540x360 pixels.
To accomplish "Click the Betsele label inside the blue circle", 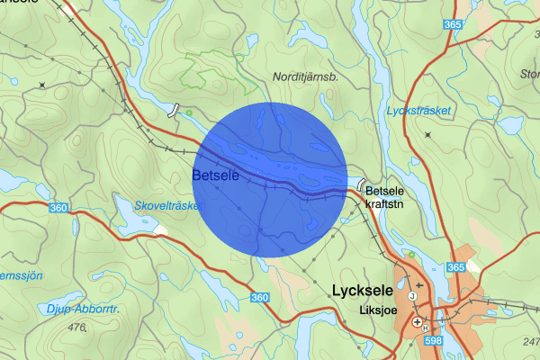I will pyautogui.click(x=215, y=175).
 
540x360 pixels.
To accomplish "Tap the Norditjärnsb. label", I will pyautogui.click(x=304, y=77).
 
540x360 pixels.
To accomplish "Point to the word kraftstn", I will pyautogui.click(x=387, y=204).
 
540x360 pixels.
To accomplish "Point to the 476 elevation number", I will pyautogui.click(x=76, y=328).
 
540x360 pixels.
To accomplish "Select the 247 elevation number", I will pyautogui.click(x=531, y=341).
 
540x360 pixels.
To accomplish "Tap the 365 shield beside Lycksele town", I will pyautogui.click(x=455, y=268).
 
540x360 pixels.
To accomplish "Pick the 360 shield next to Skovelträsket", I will pyautogui.click(x=59, y=208).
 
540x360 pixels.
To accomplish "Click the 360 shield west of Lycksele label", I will pyautogui.click(x=260, y=297).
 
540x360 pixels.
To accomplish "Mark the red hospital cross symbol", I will pyautogui.click(x=417, y=321).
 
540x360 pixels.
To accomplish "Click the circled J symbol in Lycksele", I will pyautogui.click(x=411, y=296).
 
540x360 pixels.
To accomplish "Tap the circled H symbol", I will pyautogui.click(x=425, y=328).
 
